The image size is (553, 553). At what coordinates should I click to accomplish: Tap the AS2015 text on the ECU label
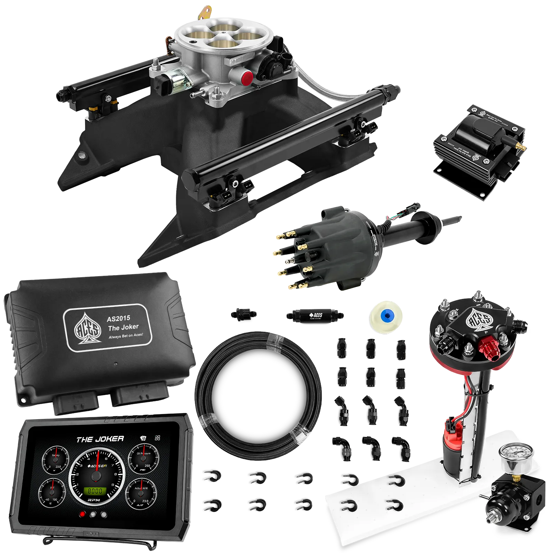119,318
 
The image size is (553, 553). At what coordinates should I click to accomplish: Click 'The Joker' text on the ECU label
123,327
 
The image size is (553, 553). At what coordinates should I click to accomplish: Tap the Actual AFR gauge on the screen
141,494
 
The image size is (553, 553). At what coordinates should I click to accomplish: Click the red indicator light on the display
82,514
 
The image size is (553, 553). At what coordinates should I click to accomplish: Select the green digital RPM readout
94,491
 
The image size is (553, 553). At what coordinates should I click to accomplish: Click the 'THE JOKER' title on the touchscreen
100,439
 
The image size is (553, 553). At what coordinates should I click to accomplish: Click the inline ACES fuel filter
315,315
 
